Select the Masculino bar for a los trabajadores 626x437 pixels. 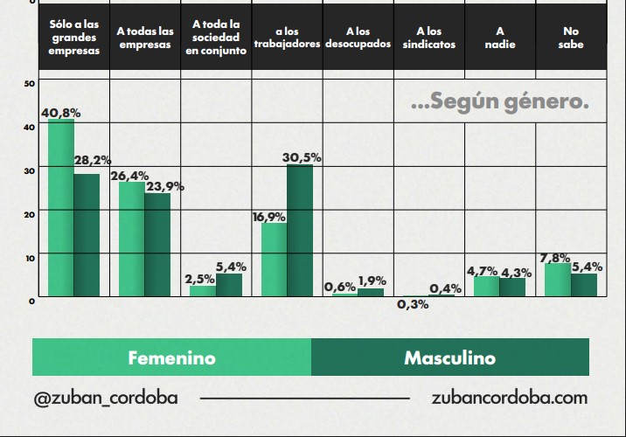tap(300, 231)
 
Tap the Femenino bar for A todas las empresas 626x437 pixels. tap(132, 239)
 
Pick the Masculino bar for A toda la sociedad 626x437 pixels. tap(229, 285)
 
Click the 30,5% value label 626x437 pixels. tap(302, 157)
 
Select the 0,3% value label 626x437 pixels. tap(413, 305)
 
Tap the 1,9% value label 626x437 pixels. tap(372, 281)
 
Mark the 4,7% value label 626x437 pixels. tap(482, 271)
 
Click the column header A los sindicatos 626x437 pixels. tap(429, 38)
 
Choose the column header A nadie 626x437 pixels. tap(499, 38)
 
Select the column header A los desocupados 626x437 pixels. tap(358, 38)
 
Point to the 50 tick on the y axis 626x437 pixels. tap(30, 83)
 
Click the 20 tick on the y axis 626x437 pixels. tap(30, 213)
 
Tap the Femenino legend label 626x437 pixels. tap(171, 358)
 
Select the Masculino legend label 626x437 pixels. tap(449, 358)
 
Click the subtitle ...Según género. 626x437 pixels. tap(499, 102)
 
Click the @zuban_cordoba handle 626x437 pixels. tap(105, 398)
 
